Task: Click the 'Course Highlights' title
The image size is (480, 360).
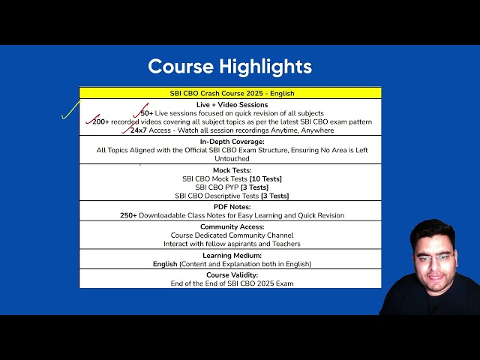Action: pyautogui.click(x=230, y=67)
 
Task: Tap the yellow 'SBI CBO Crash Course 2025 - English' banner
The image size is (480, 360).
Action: pyautogui.click(x=230, y=93)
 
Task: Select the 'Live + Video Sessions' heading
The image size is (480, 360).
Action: pyautogui.click(x=232, y=105)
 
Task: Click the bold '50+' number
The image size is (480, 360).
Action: pyautogui.click(x=147, y=113)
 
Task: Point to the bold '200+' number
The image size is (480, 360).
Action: pyautogui.click(x=100, y=121)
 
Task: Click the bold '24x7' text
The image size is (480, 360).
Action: pyautogui.click(x=139, y=130)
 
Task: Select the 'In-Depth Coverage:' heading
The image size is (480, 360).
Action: pyautogui.click(x=232, y=142)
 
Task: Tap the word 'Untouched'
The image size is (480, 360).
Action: pyautogui.click(x=232, y=158)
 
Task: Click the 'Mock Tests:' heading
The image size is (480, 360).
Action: pyautogui.click(x=232, y=170)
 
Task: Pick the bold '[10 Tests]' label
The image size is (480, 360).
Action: pyautogui.click(x=265, y=178)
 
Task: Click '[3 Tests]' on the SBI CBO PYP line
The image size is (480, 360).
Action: pyautogui.click(x=255, y=187)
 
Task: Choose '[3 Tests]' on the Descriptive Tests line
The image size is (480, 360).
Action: pyautogui.click(x=275, y=196)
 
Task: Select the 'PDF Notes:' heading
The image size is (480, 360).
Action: pyautogui.click(x=232, y=207)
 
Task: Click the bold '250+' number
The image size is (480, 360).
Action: pyautogui.click(x=128, y=215)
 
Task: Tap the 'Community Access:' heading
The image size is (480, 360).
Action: pyautogui.click(x=232, y=226)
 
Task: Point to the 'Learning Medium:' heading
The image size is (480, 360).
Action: pyautogui.click(x=232, y=255)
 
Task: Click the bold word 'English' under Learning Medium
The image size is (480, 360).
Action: pyautogui.click(x=165, y=264)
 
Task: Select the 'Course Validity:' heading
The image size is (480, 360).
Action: pyautogui.click(x=232, y=275)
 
